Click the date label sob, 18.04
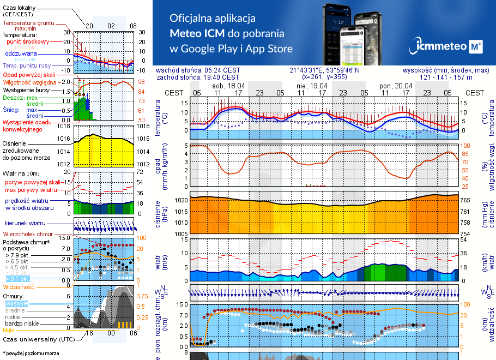tap(228, 86)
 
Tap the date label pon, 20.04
tap(395, 86)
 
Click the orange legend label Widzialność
tap(19, 286)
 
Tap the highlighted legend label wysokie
tap(16, 303)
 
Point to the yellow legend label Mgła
tap(9, 330)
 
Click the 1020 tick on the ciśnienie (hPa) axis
tap(180, 200)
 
